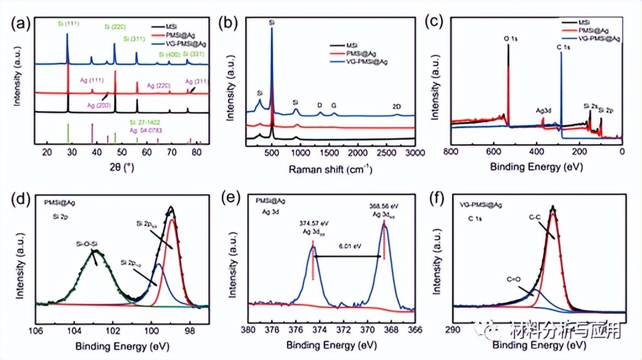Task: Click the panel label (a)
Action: pyautogui.click(x=23, y=23)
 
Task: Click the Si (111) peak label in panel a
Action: pyautogui.click(x=70, y=24)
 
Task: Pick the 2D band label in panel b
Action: pyautogui.click(x=397, y=106)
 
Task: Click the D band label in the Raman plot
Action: pyautogui.click(x=320, y=105)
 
